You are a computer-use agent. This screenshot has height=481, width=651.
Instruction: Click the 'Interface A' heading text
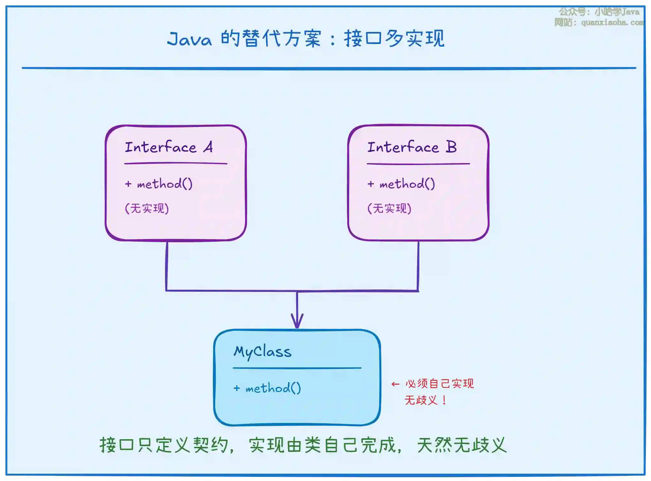(x=169, y=147)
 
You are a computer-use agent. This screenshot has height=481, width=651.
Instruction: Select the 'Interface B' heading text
(x=412, y=147)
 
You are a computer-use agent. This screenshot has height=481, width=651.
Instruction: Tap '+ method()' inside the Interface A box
(x=159, y=184)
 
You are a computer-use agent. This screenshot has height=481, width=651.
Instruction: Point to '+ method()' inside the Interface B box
(x=401, y=184)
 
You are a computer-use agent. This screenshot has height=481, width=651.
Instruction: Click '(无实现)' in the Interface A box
(x=147, y=208)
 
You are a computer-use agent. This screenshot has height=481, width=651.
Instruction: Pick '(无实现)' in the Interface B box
(x=389, y=208)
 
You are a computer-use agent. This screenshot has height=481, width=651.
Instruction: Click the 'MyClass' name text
(x=262, y=352)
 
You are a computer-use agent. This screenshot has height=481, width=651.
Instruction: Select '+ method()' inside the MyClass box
(x=267, y=388)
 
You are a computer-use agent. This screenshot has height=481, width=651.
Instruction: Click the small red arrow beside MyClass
(x=395, y=384)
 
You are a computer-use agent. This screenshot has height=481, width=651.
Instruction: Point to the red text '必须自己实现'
(x=439, y=383)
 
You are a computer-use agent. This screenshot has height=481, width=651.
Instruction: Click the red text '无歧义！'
(x=426, y=400)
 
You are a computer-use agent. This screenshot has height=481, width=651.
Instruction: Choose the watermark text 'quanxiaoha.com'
(x=612, y=22)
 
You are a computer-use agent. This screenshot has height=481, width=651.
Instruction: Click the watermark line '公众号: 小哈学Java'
(x=599, y=12)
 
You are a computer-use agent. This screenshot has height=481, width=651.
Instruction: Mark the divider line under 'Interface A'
(x=176, y=163)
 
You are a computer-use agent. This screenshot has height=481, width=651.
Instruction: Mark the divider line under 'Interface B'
(x=418, y=164)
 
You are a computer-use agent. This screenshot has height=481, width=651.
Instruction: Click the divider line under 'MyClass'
(x=297, y=368)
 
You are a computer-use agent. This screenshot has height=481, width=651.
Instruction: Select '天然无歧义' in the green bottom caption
(x=461, y=445)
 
